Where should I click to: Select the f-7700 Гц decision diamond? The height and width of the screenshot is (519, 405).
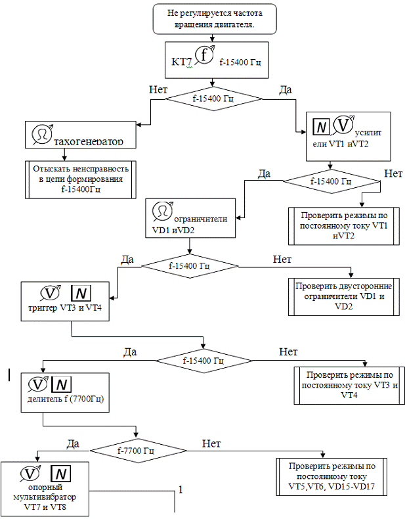click(x=136, y=451)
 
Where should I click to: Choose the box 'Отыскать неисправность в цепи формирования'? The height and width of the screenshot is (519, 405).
click(x=81, y=179)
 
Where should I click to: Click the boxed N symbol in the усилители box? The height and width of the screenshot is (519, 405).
click(x=320, y=126)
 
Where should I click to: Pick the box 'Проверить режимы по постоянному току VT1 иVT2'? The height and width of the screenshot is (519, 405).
click(x=343, y=226)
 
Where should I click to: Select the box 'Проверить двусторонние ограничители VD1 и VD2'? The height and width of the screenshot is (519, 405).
click(x=343, y=296)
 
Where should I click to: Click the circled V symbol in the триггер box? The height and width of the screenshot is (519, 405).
click(x=51, y=293)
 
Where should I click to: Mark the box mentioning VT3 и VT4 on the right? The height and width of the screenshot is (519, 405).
click(x=348, y=385)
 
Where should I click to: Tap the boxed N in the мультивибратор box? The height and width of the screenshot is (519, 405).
click(x=60, y=474)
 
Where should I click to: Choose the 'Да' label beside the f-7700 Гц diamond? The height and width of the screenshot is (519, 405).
click(x=73, y=443)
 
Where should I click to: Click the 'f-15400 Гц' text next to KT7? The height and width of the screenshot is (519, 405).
click(x=241, y=63)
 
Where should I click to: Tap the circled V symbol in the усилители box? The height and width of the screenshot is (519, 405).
click(x=343, y=124)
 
